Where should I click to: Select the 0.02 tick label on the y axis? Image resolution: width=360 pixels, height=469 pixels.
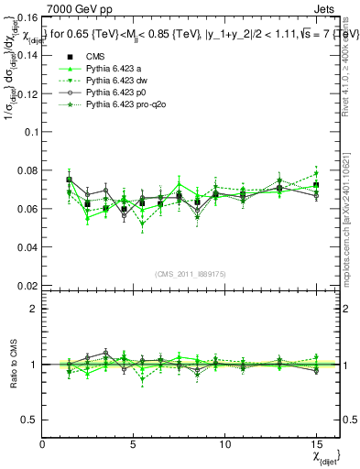(27, 285)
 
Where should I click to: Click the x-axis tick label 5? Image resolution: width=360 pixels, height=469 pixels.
(133, 443)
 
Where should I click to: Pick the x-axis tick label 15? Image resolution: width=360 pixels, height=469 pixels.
(315, 443)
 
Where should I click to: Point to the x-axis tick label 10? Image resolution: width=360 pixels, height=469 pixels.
(224, 443)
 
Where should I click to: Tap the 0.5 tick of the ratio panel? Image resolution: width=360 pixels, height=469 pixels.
(29, 420)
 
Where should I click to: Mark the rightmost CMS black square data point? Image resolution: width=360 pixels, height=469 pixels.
(316, 185)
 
